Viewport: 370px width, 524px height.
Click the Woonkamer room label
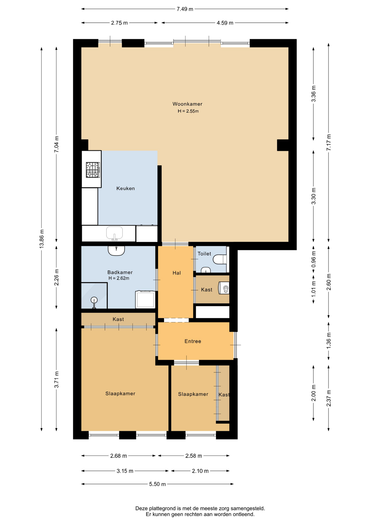point(187,104)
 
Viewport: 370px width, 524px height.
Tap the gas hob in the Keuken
point(93,170)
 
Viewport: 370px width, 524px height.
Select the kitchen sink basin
point(114,233)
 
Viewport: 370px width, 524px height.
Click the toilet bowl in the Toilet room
point(220,259)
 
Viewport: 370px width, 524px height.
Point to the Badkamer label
point(120,272)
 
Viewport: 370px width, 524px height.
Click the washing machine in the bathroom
point(145,299)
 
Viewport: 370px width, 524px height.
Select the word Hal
point(177,273)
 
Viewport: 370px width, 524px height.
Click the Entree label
point(193,341)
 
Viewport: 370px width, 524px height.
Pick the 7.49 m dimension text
point(185,9)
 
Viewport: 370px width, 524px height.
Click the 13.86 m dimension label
point(41,239)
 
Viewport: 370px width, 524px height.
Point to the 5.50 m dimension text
point(157,484)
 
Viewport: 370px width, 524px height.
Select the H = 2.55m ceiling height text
point(188,111)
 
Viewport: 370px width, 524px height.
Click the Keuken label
point(125,188)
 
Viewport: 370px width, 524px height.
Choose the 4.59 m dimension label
point(225,23)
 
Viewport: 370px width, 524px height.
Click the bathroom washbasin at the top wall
point(116,251)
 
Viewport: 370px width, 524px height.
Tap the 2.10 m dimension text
point(200,471)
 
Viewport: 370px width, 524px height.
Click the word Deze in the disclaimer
point(142,508)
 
